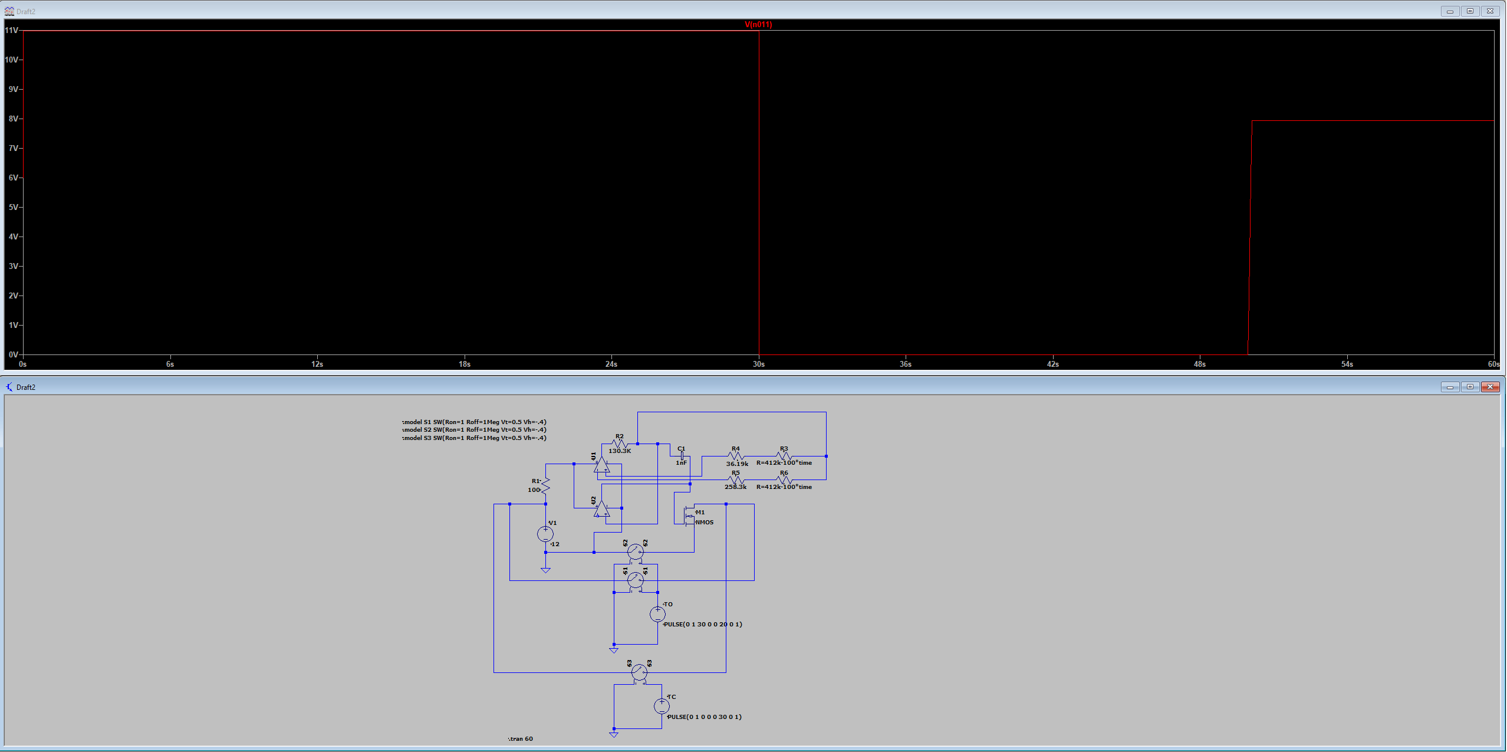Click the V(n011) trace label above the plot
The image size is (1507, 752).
pos(758,25)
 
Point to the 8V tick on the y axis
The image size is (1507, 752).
pos(13,119)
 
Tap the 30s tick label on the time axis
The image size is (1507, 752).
pos(758,364)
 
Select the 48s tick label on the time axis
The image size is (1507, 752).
pos(1199,364)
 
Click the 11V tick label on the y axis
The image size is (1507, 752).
pos(11,30)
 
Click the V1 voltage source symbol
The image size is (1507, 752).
pos(545,534)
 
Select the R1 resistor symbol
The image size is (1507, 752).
pos(545,485)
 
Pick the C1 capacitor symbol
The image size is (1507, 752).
pos(682,456)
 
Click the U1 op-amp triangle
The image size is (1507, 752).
pos(601,465)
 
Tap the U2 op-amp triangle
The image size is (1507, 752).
pos(601,508)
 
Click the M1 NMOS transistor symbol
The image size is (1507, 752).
pos(689,515)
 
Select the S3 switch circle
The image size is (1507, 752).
pos(639,672)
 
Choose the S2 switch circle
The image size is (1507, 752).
pos(635,552)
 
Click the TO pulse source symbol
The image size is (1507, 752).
pos(657,614)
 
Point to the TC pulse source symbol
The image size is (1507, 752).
pos(662,706)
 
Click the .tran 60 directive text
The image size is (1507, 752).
pos(521,739)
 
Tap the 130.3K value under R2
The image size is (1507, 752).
pos(620,451)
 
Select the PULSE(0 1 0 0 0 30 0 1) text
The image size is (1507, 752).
pos(704,717)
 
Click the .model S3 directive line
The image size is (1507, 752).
pos(474,438)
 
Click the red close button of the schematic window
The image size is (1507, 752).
pos(1490,387)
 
